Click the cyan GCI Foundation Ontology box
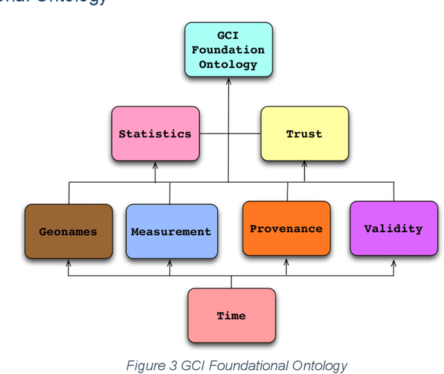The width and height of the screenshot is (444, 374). [228, 49]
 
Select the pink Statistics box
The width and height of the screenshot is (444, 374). [155, 133]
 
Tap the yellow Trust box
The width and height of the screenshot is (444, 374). [304, 133]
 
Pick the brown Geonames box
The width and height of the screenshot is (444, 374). [68, 231]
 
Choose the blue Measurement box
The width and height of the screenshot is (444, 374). [171, 231]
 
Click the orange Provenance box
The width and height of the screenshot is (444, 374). [286, 228]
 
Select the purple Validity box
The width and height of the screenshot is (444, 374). [393, 228]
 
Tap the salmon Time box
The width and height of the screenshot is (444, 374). [231, 315]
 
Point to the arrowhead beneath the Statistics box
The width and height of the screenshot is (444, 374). [155, 165]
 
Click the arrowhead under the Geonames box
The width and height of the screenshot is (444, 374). [68, 263]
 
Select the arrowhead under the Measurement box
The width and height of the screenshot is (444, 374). [171, 263]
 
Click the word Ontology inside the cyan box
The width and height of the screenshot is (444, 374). [228, 65]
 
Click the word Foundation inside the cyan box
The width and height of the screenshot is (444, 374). [228, 50]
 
